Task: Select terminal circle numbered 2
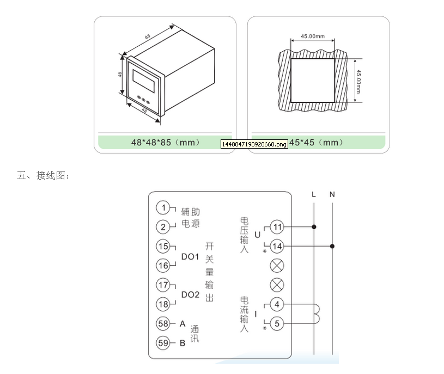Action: [x=163, y=226]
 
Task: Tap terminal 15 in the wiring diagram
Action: [x=163, y=246]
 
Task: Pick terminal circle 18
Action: [x=163, y=304]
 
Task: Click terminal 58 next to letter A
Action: [x=163, y=323]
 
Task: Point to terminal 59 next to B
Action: [x=163, y=342]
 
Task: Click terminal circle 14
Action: [x=277, y=247]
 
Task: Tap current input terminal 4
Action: [x=277, y=304]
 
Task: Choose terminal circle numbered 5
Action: [x=277, y=324]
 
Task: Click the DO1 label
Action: [x=190, y=256]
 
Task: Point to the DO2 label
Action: [x=190, y=295]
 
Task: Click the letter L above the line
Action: [x=313, y=194]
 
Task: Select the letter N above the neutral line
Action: [x=332, y=194]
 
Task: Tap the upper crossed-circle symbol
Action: [x=277, y=266]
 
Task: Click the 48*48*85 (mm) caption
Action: [x=166, y=143]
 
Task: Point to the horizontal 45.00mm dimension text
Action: [x=312, y=36]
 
